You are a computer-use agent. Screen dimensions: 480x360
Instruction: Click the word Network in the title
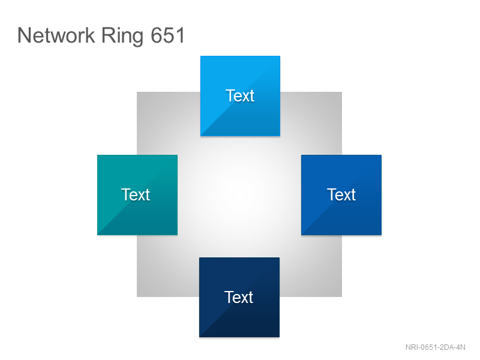click(56, 35)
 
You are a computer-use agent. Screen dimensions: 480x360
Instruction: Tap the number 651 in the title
click(168, 35)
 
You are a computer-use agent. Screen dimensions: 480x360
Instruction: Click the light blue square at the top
click(241, 96)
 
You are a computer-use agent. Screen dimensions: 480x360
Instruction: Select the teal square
click(137, 195)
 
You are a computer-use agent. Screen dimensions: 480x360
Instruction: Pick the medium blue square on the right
click(341, 195)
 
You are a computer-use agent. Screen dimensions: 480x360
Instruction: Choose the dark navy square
click(239, 297)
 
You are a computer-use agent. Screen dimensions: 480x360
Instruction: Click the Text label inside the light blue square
click(240, 95)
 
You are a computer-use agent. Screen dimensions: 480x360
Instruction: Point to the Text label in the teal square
click(136, 194)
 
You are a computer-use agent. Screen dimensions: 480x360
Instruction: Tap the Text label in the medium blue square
click(341, 194)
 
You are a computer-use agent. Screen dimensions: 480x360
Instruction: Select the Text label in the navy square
click(239, 297)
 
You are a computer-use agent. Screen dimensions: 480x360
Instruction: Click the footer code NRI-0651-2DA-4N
click(436, 347)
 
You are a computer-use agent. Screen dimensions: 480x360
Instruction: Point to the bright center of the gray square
click(239, 194)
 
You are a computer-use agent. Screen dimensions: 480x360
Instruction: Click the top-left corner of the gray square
click(137, 92)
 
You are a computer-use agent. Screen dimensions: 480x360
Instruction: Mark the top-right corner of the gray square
click(342, 92)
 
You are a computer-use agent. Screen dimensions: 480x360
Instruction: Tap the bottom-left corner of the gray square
click(137, 296)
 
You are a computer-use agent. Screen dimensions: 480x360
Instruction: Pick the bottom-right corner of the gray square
click(342, 296)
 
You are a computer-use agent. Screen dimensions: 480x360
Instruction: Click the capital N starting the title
click(24, 35)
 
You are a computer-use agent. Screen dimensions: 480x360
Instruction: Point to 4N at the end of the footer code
click(461, 347)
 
